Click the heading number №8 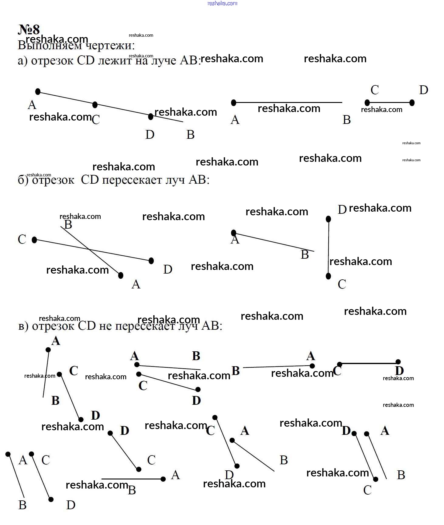pyautogui.click(x=29, y=29)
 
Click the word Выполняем pyautogui.click(x=50, y=46)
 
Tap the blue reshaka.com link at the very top pyautogui.click(x=222, y=3)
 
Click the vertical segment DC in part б pyautogui.click(x=328, y=247)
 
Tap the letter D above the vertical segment pyautogui.click(x=342, y=209)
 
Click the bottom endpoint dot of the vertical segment pyautogui.click(x=328, y=276)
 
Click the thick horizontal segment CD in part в pyautogui.click(x=369, y=363)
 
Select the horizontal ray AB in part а pyautogui.click(x=288, y=103)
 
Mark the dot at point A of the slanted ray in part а pyautogui.click(x=38, y=91)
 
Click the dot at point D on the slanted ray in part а pyautogui.click(x=151, y=116)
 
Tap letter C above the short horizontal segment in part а pyautogui.click(x=375, y=90)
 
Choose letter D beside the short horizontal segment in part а pyautogui.click(x=423, y=90)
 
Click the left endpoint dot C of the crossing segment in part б pyautogui.click(x=34, y=240)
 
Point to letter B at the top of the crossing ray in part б pyautogui.click(x=68, y=224)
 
